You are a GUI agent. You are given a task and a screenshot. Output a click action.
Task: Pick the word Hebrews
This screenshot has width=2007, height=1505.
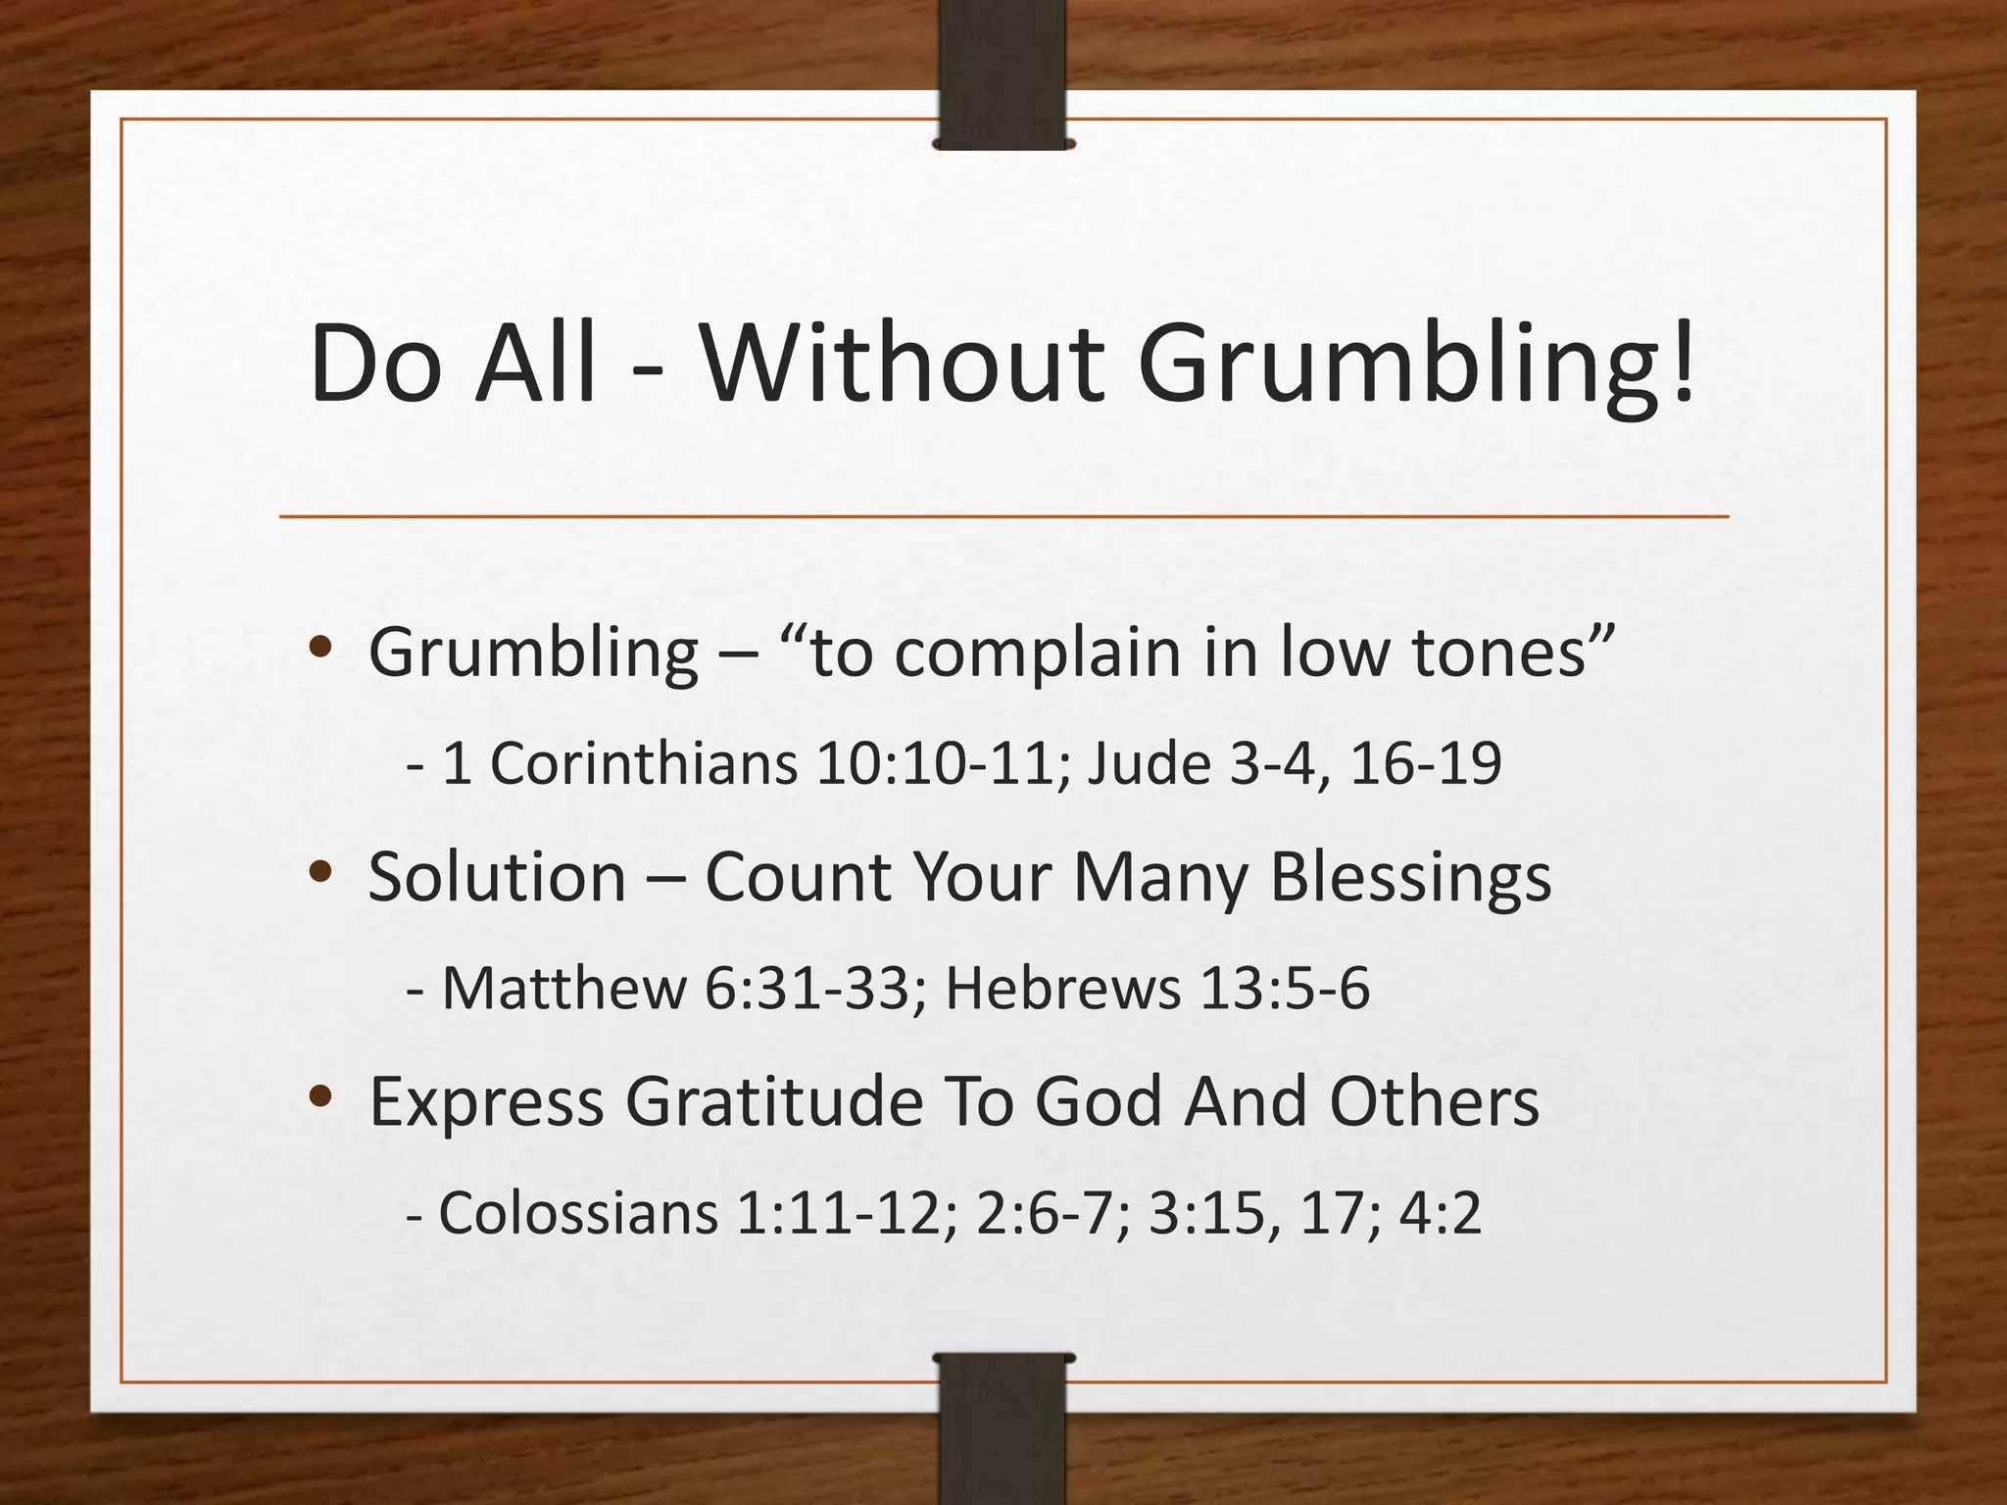(x=1062, y=988)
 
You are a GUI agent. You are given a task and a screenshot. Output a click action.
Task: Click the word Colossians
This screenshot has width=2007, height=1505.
(x=578, y=1213)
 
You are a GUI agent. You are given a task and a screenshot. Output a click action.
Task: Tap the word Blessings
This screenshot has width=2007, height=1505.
(x=1410, y=876)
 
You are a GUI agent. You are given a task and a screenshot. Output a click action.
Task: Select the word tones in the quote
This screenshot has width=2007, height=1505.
(x=1498, y=652)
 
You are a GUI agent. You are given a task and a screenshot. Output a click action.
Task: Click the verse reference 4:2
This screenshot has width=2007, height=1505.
(x=1440, y=1213)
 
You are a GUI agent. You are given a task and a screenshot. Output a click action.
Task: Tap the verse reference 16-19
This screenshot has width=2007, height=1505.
(x=1426, y=763)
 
